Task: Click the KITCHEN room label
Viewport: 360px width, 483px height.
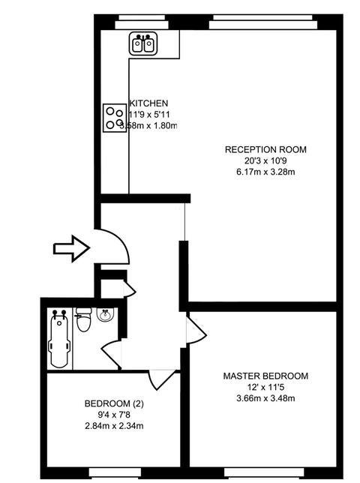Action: (148, 103)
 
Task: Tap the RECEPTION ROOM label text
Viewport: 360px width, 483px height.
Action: (265, 149)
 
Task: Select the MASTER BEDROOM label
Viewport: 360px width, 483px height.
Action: (265, 376)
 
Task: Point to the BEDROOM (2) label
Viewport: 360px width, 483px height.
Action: (114, 403)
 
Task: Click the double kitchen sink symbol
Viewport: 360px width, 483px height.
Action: (143, 43)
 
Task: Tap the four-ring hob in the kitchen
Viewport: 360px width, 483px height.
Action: (115, 118)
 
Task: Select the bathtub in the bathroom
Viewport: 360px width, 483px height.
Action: (59, 339)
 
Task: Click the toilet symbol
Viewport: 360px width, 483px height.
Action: (84, 319)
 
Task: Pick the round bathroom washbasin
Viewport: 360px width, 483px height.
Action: (105, 314)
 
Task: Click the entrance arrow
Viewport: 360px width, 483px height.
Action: (71, 248)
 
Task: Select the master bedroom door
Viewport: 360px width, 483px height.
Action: (196, 330)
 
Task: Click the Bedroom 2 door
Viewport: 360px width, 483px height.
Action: (162, 379)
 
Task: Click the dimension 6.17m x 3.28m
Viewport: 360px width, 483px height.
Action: (265, 172)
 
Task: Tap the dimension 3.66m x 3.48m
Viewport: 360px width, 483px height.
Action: (265, 398)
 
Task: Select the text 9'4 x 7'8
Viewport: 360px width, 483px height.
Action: (114, 415)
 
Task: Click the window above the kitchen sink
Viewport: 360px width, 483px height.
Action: (142, 22)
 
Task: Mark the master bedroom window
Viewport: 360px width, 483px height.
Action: (264, 472)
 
